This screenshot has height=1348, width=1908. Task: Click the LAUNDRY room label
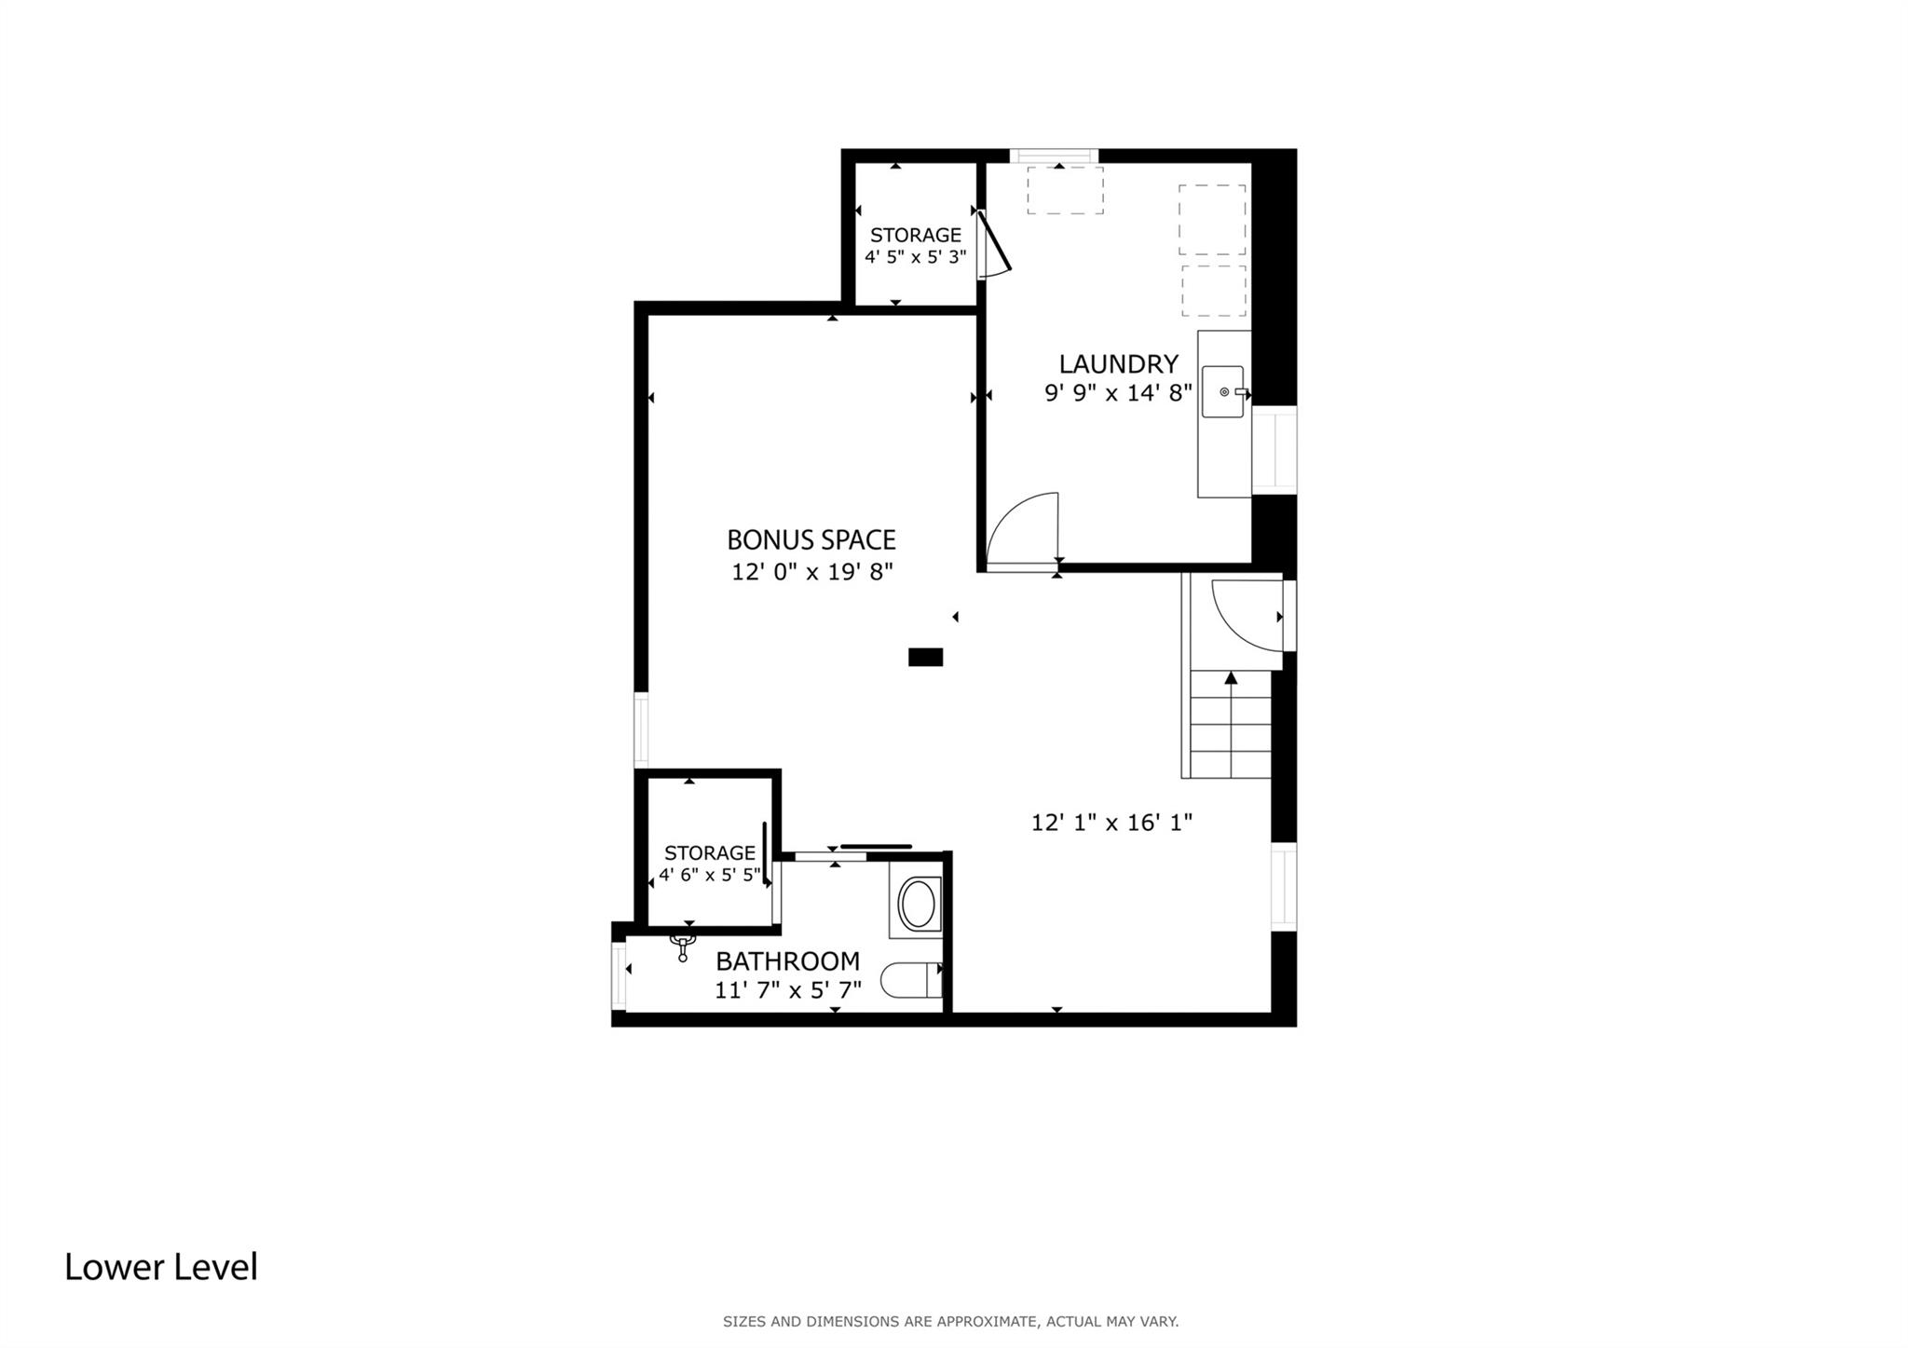[1118, 363]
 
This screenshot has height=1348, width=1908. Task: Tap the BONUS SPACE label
[811, 539]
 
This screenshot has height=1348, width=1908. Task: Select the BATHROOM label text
[787, 960]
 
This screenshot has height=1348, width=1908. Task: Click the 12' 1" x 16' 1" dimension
[1111, 823]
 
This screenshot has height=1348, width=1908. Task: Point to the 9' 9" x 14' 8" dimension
[1118, 393]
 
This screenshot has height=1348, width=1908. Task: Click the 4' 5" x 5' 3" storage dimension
[915, 257]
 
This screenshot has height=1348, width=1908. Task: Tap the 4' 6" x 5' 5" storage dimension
[710, 876]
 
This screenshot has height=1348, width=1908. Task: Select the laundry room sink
[1222, 391]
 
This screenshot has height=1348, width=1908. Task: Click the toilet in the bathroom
[911, 980]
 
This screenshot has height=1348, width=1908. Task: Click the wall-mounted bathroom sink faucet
[683, 947]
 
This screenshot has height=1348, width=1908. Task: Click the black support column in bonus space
[925, 657]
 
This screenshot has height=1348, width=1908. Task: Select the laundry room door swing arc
[1023, 527]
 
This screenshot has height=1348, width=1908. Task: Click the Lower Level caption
[161, 1267]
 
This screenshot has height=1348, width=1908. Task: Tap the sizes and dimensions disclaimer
[950, 1321]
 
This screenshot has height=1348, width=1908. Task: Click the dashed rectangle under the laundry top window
[1065, 191]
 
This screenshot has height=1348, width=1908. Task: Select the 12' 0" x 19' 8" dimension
[811, 572]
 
